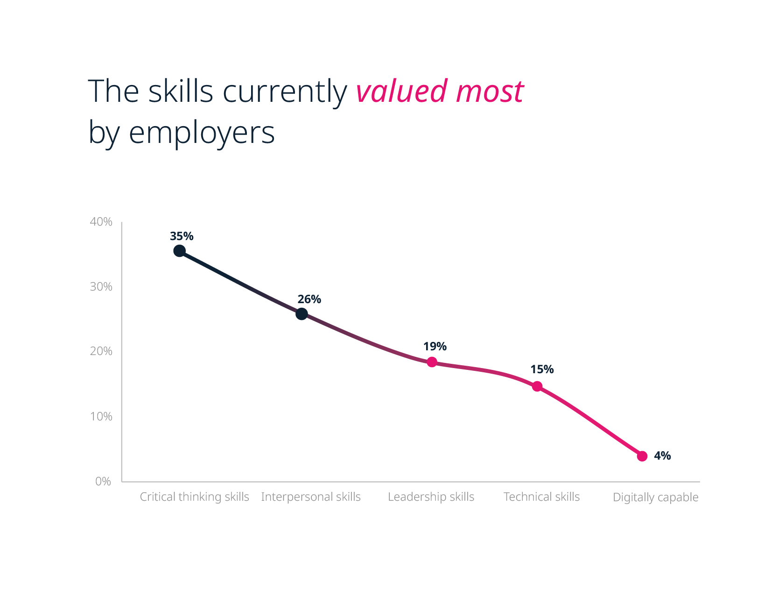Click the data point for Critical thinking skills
[179, 251]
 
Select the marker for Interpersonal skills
[301, 314]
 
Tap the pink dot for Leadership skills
[432, 362]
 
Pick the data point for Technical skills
[537, 386]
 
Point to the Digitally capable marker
[642, 456]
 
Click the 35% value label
[182, 236]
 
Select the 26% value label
[309, 299]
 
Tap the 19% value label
[435, 347]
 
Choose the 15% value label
[542, 369]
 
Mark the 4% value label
[662, 456]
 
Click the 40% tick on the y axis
[101, 222]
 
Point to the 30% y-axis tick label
[101, 287]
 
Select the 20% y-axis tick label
[101, 351]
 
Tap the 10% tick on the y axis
[101, 416]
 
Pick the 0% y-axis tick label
[103, 482]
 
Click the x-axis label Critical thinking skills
[194, 497]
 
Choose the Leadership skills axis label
[431, 497]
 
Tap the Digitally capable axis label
[655, 497]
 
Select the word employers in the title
[201, 133]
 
